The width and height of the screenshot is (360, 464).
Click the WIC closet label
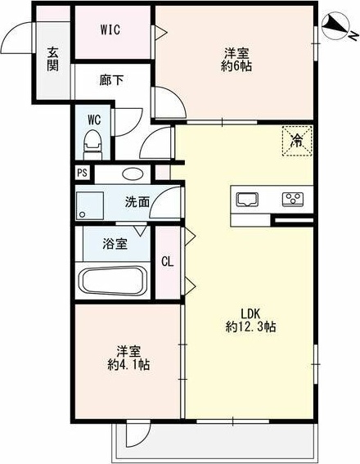coord(110,29)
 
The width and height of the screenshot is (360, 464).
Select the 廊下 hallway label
coord(111,80)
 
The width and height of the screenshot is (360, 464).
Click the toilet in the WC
coord(92,144)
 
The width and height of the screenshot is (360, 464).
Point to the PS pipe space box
coord(83,173)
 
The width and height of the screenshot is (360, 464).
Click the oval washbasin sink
coord(132,174)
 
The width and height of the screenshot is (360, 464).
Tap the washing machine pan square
coord(90,205)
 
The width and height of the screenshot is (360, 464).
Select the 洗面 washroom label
coord(137,201)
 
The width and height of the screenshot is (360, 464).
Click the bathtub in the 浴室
coord(114,280)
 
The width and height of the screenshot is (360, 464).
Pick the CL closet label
coord(167,262)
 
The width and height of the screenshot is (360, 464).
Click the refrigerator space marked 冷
coord(297,141)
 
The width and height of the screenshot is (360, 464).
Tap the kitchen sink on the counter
coord(247,199)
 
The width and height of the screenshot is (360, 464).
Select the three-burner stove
coord(293,199)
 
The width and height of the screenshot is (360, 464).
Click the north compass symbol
coord(335,25)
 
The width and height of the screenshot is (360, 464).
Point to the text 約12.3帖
coord(250,327)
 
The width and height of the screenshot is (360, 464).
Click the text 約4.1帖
coord(128,365)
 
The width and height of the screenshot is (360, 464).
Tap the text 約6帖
coord(236,66)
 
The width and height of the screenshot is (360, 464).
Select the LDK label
coord(250,313)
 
